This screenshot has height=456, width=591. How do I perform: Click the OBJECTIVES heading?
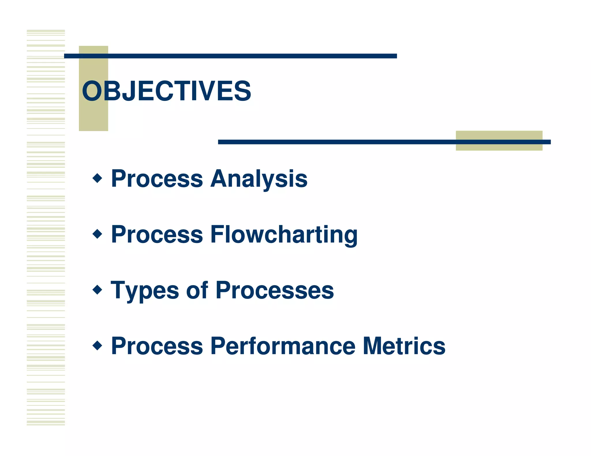tap(167, 91)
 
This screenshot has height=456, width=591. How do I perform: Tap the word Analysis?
tap(259, 179)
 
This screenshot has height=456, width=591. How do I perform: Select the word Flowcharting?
tap(284, 235)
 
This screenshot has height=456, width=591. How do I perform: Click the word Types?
tap(144, 291)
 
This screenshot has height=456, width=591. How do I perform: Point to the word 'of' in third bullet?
tap(197, 290)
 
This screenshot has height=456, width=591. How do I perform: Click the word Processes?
tap(275, 290)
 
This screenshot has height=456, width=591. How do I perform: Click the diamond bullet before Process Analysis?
tap(98, 178)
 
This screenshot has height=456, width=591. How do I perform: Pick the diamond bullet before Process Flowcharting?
tap(98, 234)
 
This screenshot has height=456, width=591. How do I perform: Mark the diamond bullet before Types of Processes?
tap(98, 290)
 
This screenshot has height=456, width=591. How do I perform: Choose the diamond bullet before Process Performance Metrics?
tap(98, 345)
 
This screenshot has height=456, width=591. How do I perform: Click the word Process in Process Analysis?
tap(157, 179)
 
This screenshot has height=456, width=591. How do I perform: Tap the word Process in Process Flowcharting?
tap(157, 235)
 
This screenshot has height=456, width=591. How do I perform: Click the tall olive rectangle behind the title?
tap(93, 118)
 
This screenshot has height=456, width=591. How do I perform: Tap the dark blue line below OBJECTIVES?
tap(346, 142)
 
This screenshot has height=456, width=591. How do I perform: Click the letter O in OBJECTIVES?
tap(92, 91)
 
